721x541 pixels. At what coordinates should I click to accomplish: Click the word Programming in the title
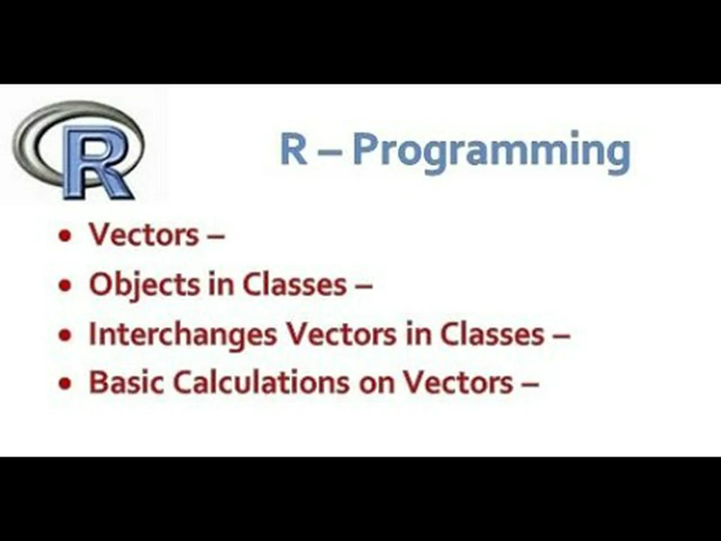point(491,151)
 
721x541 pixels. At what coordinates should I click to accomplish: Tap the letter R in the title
point(293,149)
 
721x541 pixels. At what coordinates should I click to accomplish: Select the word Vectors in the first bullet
point(144,234)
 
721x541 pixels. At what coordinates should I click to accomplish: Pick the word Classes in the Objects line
point(294,284)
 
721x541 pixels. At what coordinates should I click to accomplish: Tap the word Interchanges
point(183,334)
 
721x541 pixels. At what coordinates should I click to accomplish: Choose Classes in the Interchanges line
point(492,334)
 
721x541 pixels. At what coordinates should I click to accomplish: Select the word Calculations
point(260,382)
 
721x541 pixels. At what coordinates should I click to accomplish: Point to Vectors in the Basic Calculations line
point(457,382)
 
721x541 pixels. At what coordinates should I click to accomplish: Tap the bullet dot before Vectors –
point(66,236)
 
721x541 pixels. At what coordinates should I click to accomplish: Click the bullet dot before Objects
point(66,285)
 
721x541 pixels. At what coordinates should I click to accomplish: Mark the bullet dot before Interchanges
point(66,335)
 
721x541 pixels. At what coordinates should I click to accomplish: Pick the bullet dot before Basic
point(66,384)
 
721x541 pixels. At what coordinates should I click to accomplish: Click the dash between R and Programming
point(330,151)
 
